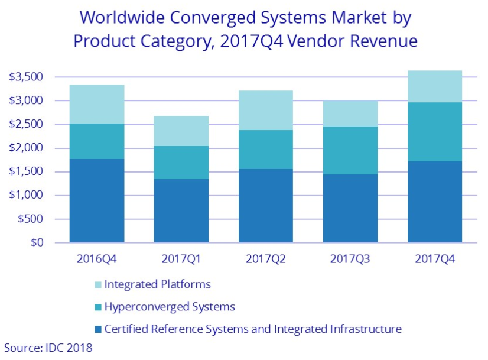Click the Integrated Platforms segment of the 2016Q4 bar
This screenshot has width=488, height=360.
tap(97, 104)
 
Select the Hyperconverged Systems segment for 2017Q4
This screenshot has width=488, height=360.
tap(434, 132)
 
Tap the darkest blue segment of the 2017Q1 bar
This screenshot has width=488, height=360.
tap(181, 210)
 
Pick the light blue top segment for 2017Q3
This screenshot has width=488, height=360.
tap(350, 113)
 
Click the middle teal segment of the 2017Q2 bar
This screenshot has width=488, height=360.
tap(266, 150)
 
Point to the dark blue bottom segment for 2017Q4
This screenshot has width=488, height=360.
tap(434, 202)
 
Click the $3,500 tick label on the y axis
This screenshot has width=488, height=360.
tap(26, 77)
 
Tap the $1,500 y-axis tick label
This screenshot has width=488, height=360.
tap(26, 171)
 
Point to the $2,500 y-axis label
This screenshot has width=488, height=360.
tap(26, 124)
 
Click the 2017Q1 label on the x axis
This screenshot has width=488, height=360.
tap(181, 259)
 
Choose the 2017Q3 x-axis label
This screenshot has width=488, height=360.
tap(350, 259)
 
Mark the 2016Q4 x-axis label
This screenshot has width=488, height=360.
tap(97, 259)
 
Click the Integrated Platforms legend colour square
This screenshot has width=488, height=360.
tap(98, 285)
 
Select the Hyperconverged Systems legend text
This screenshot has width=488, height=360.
tap(170, 307)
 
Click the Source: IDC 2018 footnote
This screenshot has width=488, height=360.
tap(48, 347)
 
